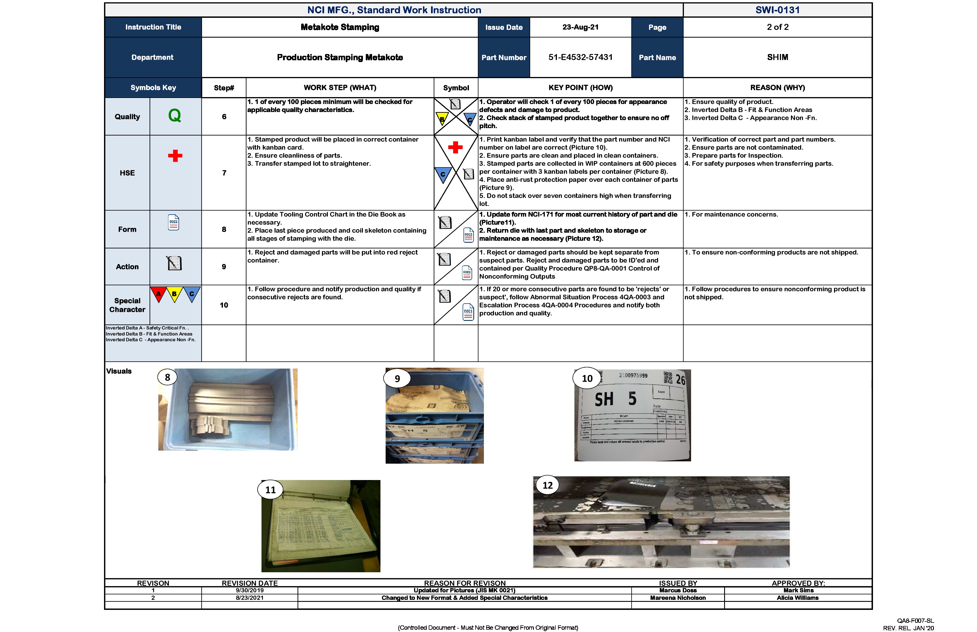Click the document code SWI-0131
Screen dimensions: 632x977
point(778,10)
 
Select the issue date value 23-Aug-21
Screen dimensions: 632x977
point(580,27)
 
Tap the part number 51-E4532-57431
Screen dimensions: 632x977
point(580,57)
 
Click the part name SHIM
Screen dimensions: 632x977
point(778,57)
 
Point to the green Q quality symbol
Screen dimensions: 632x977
point(174,116)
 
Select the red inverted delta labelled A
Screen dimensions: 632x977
point(158,294)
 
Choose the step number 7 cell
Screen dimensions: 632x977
point(224,173)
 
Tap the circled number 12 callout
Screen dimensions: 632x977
point(548,485)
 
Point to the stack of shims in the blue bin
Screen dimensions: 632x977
point(230,406)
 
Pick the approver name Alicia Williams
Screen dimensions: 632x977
point(798,598)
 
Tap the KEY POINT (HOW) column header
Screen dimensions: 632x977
point(580,87)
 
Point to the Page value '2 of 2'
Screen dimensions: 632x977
point(778,27)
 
